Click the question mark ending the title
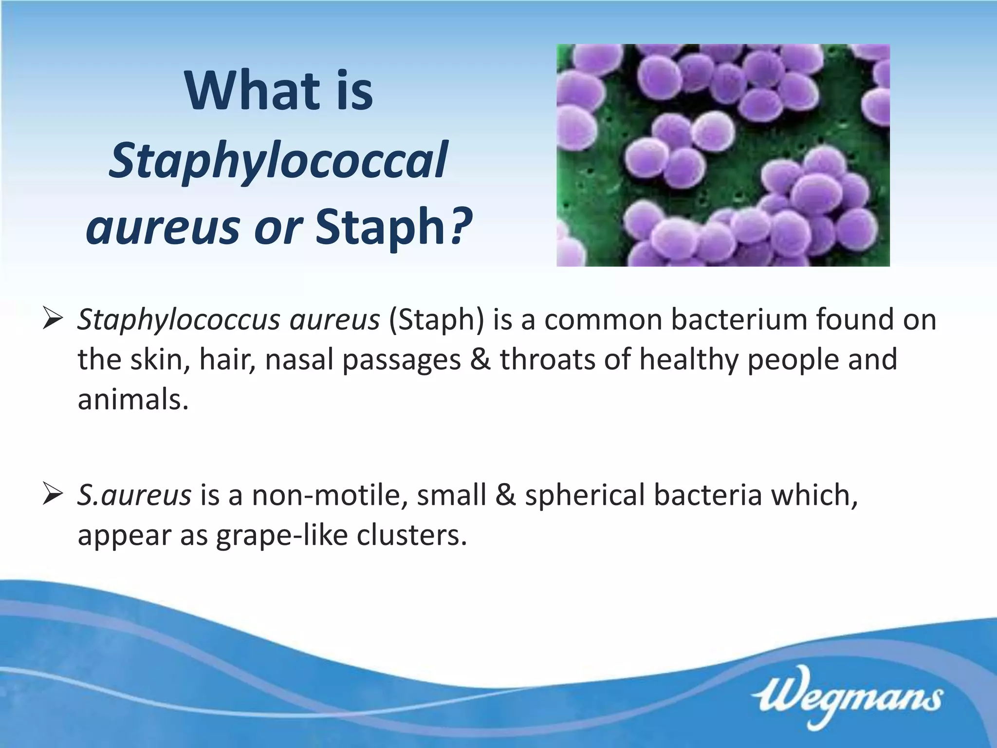click(x=461, y=225)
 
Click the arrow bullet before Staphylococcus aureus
click(x=52, y=319)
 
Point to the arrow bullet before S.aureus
click(x=52, y=494)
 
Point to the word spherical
click(x=585, y=496)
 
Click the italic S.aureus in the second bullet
click(x=134, y=495)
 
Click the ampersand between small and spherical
click(x=506, y=495)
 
